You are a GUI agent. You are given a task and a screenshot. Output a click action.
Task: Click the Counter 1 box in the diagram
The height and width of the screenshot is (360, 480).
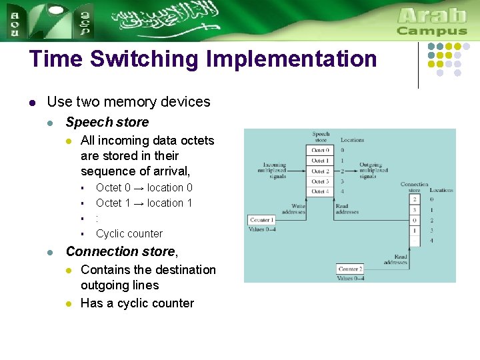click(x=260, y=219)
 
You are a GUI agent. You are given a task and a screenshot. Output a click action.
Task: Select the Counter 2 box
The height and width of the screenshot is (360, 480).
click(x=349, y=269)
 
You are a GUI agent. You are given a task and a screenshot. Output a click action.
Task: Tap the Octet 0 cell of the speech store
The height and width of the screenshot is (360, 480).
click(x=320, y=150)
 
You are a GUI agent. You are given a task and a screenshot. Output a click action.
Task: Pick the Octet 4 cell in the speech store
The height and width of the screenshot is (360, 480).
click(x=320, y=191)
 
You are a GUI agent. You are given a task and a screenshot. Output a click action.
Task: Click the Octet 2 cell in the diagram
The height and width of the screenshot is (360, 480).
click(x=320, y=171)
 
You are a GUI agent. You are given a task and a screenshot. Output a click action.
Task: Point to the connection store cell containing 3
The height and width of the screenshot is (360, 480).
click(x=415, y=209)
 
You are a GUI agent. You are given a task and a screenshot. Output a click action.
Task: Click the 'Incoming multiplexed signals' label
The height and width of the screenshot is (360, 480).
click(x=274, y=171)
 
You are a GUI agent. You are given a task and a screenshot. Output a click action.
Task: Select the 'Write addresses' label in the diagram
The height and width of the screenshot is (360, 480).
click(x=293, y=209)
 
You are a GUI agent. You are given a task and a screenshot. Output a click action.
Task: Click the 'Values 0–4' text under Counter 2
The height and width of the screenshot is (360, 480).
click(x=350, y=278)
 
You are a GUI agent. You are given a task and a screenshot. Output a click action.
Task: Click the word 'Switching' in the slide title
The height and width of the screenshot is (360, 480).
click(x=145, y=59)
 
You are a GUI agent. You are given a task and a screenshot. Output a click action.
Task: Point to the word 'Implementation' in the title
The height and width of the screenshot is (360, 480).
click(x=291, y=59)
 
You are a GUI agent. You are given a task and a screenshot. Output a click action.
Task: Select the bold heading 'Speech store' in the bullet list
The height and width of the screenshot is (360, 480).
click(x=107, y=122)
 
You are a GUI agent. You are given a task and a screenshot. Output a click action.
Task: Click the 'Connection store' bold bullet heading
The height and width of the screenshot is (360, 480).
click(x=120, y=251)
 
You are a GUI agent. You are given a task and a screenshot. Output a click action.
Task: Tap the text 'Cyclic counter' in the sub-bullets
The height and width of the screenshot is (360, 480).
click(x=129, y=233)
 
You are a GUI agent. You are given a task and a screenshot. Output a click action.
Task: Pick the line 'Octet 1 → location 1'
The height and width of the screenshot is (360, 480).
click(x=144, y=203)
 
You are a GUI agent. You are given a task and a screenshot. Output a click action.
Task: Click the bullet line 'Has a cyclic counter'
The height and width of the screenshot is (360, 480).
click(x=137, y=303)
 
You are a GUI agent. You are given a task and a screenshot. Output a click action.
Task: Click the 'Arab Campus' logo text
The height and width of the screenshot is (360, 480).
click(x=432, y=21)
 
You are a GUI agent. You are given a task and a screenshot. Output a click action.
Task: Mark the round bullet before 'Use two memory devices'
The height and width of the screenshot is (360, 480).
click(x=32, y=102)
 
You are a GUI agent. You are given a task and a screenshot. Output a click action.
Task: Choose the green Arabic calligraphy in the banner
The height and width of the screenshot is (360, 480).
click(x=167, y=20)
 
